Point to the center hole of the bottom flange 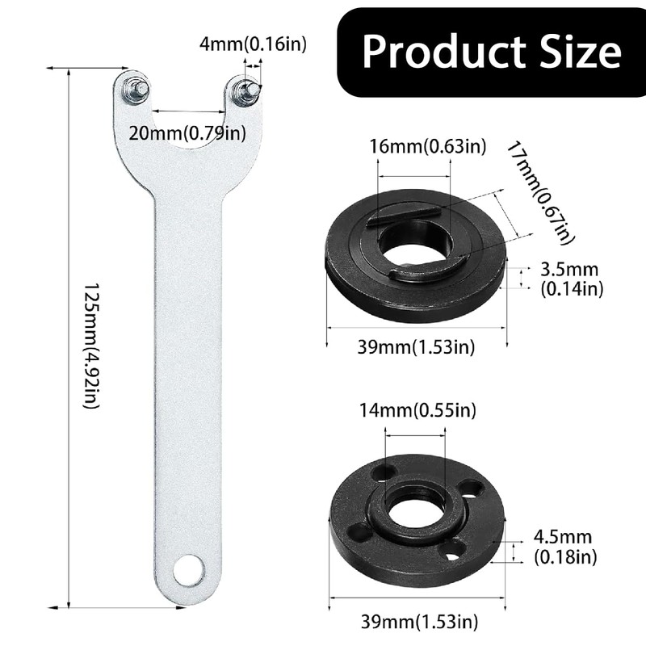click(416, 513)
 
